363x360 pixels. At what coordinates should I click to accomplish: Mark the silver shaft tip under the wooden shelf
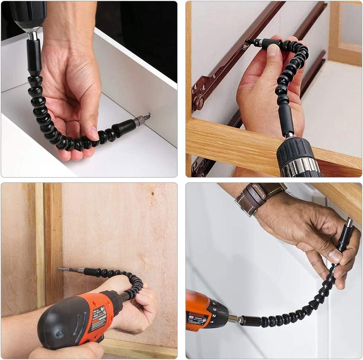349,223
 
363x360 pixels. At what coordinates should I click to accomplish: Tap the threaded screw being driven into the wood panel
63,269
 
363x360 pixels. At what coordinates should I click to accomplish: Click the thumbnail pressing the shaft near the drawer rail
273,50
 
